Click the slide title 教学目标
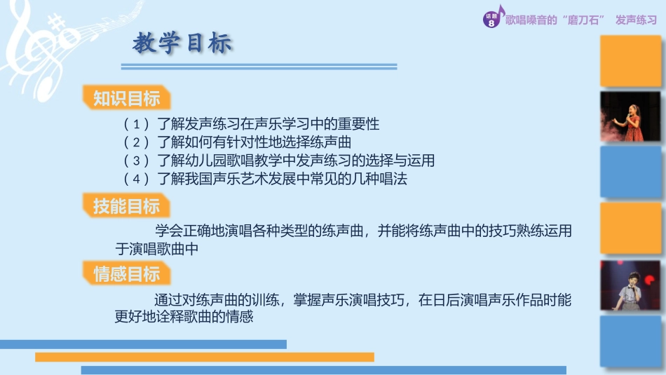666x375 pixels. tap(182, 44)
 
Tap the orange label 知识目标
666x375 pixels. tap(127, 98)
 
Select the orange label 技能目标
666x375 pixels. tap(127, 206)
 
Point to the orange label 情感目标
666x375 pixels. tap(127, 273)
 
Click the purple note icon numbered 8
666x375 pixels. tap(492, 20)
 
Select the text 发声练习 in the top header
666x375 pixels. tap(637, 20)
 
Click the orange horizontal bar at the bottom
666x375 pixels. tap(204, 357)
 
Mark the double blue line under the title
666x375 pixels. tap(259, 67)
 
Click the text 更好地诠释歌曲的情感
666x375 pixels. tap(184, 317)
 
